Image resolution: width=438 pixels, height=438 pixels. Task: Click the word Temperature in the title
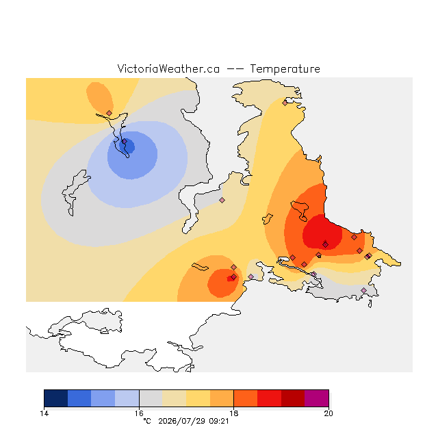[x=285, y=69]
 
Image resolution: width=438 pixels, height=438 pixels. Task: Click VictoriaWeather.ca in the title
[x=168, y=69]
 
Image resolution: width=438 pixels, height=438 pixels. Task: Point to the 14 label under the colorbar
[x=44, y=413]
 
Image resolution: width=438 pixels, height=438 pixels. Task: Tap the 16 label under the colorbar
[x=139, y=413]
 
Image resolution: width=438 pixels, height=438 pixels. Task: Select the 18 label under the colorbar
[x=234, y=413]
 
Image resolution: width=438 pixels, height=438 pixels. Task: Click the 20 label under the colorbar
[x=328, y=413]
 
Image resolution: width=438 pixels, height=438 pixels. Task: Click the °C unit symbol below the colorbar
[x=147, y=422]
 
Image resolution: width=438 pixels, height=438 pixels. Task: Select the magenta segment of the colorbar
[x=316, y=398]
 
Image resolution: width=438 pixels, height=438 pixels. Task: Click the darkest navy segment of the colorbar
[x=56, y=398]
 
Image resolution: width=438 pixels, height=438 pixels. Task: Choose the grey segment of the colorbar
[x=151, y=398]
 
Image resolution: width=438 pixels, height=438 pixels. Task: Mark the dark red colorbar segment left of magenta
[x=293, y=398]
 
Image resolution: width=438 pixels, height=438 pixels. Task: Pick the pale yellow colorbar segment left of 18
[x=198, y=398]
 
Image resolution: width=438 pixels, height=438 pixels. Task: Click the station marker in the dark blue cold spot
[x=125, y=142]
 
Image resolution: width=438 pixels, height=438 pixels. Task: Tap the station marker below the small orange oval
[x=109, y=113]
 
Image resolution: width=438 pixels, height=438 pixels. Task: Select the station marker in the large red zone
[x=326, y=245]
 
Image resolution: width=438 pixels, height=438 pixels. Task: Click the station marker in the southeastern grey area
[x=363, y=290]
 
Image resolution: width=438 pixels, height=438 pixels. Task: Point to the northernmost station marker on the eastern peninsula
[x=285, y=103]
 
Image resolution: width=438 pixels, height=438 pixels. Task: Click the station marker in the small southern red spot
[x=234, y=276]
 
